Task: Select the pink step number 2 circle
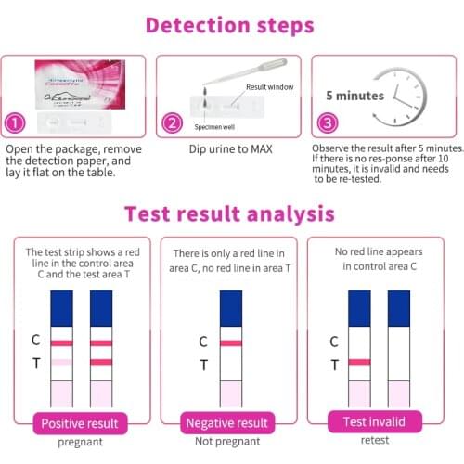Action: tap(172, 122)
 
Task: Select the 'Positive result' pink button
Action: tap(78, 423)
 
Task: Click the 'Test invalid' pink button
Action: tap(375, 423)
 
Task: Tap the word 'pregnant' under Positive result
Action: tap(78, 443)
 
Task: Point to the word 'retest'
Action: tap(375, 443)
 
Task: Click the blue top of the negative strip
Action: tap(230, 307)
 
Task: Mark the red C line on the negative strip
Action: tap(230, 342)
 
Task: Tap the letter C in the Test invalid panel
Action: tap(334, 341)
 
